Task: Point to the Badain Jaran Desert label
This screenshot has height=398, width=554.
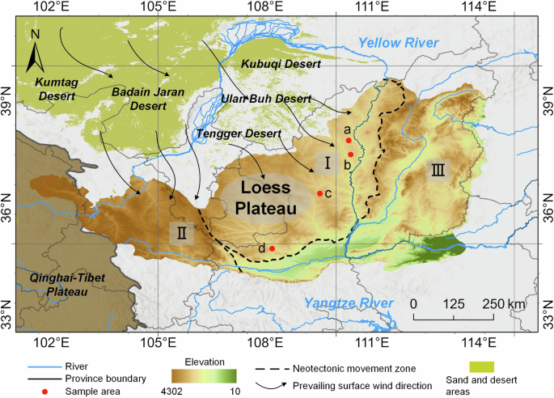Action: click(149, 98)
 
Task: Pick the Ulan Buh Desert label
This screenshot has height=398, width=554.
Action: click(265, 99)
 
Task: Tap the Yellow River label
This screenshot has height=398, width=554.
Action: click(399, 43)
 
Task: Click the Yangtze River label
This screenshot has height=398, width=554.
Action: click(348, 303)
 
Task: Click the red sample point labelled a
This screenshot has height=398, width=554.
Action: click(349, 140)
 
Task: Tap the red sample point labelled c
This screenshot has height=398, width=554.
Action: click(320, 193)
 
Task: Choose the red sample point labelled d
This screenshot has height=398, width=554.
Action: click(272, 248)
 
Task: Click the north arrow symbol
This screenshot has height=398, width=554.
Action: click(35, 51)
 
